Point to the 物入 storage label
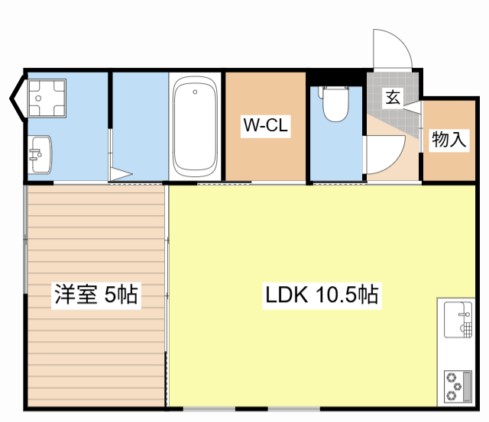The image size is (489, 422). (x=449, y=140)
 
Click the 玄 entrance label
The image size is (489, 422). (x=392, y=97)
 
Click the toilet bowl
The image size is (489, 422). (x=335, y=108)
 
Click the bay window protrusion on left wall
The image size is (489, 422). (x=16, y=99)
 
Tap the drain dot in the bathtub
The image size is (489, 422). (x=196, y=92)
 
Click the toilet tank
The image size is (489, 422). (x=335, y=90)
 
